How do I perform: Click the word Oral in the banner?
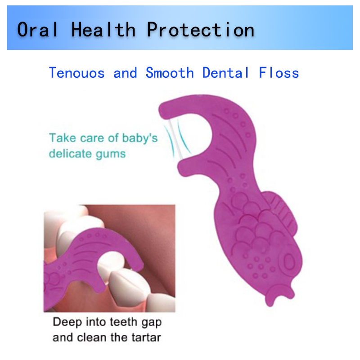coord(37,29)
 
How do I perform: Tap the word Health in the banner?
coord(103,29)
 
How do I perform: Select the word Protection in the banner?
coord(200,29)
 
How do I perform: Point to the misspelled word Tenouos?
coord(76,73)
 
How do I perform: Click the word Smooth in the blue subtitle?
coord(170,73)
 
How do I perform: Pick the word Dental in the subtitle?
coord(225,73)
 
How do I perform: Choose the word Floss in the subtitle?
coord(279,73)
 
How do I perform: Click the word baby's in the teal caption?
coord(140,139)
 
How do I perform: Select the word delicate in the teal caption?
coord(71,153)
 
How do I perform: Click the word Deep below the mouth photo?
coord(67,322)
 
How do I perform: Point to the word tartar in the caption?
coord(146,337)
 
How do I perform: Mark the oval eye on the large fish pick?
coord(289,262)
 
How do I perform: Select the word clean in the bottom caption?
coord(93,337)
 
